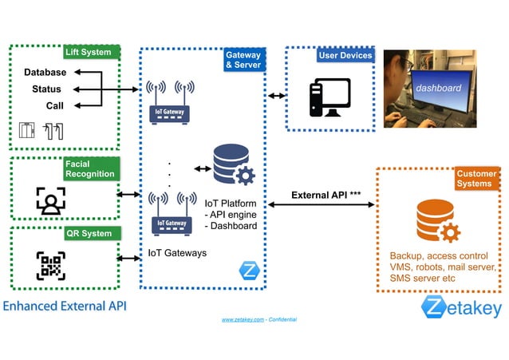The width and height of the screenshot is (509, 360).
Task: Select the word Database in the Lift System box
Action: tap(45, 73)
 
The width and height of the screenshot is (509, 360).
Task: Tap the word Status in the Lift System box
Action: tap(47, 89)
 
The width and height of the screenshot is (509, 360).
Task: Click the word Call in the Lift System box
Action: tap(54, 105)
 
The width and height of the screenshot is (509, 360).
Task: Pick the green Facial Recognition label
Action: tap(89, 168)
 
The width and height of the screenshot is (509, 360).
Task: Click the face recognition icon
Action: tap(51, 200)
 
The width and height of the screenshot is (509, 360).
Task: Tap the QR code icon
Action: tap(51, 265)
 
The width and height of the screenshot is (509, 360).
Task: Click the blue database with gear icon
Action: tap(232, 164)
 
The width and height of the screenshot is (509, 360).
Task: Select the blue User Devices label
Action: tap(345, 55)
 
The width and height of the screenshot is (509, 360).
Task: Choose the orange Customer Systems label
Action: tap(476, 179)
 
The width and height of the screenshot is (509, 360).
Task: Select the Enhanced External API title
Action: tap(64, 306)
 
